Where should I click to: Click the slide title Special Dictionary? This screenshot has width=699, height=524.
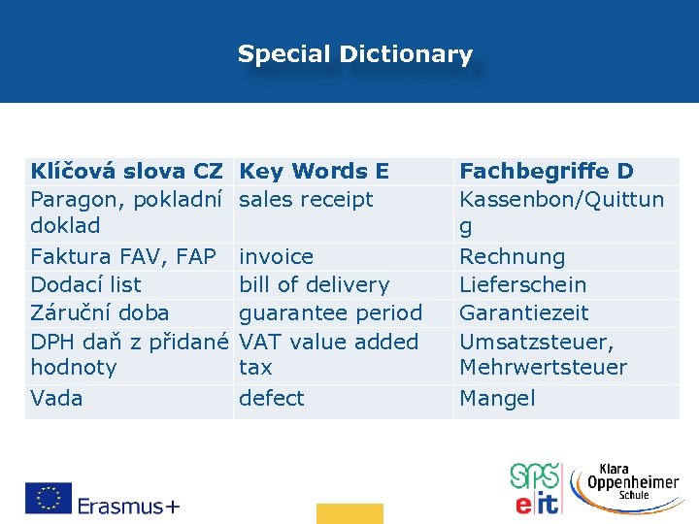pyautogui.click(x=354, y=54)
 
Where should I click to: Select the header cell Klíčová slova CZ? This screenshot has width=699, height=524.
pyautogui.click(x=126, y=172)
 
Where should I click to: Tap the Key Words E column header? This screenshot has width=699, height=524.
pyautogui.click(x=314, y=172)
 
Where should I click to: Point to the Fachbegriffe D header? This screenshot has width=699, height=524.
pyautogui.click(x=546, y=172)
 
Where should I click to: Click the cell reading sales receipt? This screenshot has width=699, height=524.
pyautogui.click(x=306, y=200)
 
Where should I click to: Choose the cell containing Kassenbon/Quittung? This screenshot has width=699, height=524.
pyautogui.click(x=561, y=212)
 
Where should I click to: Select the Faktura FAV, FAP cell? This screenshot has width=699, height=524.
pyautogui.click(x=123, y=257)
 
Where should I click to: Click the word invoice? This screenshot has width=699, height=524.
pyautogui.click(x=276, y=257)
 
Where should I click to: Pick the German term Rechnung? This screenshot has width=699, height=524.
pyautogui.click(x=512, y=257)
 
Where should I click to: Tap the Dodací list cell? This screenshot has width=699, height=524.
pyautogui.click(x=85, y=285)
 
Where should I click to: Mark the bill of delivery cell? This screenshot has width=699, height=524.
pyautogui.click(x=314, y=285)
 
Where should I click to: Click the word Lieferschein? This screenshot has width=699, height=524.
pyautogui.click(x=522, y=285)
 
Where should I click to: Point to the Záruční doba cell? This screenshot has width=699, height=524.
pyautogui.click(x=99, y=313)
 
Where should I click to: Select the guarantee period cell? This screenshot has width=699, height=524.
pyautogui.click(x=330, y=313)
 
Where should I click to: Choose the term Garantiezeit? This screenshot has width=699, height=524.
pyautogui.click(x=523, y=313)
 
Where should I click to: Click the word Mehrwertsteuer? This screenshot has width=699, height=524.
pyautogui.click(x=543, y=368)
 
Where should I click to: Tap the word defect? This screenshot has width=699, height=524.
pyautogui.click(x=271, y=398)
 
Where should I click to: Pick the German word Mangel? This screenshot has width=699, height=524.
pyautogui.click(x=496, y=398)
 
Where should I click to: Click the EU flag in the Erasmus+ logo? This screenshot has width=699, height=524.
pyautogui.click(x=49, y=498)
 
